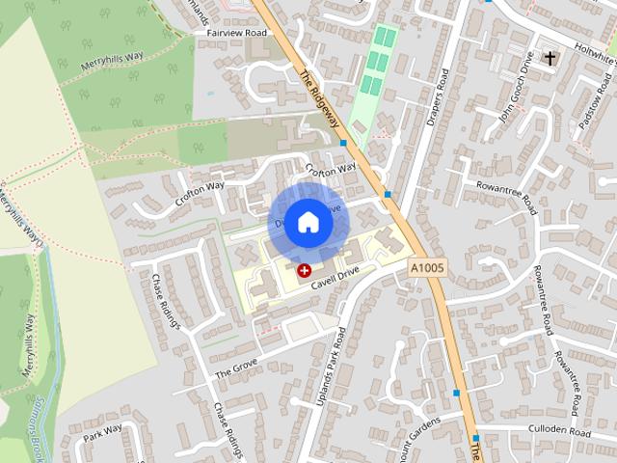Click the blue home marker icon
tap(307, 222)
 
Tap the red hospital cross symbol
tap(304, 271)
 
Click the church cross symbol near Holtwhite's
tap(550, 58)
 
